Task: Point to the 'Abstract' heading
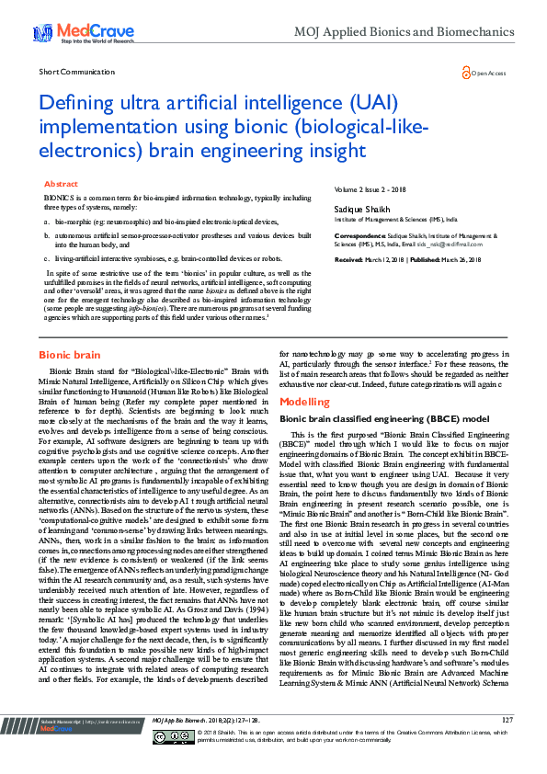point(61,184)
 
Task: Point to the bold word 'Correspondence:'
point(358,235)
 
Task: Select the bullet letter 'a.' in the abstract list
point(47,222)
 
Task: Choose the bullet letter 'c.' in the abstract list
point(47,260)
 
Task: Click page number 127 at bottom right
point(507,744)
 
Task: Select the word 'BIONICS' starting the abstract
point(56,198)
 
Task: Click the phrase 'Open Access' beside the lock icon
point(488,73)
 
